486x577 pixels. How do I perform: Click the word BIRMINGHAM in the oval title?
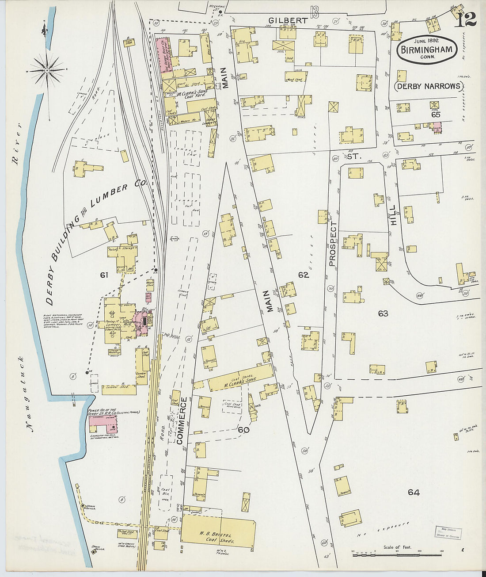(x=426, y=50)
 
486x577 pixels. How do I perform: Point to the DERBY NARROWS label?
(x=429, y=86)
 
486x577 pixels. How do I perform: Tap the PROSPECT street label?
(x=333, y=244)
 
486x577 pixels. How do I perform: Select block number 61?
(x=104, y=275)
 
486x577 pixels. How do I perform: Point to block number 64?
(x=414, y=492)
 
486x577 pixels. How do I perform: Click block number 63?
(x=383, y=313)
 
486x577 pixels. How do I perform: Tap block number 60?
(x=243, y=430)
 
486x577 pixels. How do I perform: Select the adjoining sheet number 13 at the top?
(x=314, y=11)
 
